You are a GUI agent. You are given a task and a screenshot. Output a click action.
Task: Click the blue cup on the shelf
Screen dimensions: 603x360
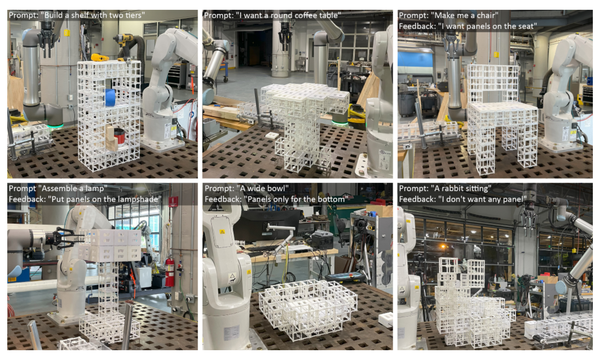point(110,97)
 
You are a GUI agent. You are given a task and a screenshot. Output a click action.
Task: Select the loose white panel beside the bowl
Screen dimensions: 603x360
point(386,319)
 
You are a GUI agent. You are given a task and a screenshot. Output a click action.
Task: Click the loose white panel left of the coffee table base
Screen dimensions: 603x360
point(272,135)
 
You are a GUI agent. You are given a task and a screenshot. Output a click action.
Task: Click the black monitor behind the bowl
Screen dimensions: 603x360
point(266,225)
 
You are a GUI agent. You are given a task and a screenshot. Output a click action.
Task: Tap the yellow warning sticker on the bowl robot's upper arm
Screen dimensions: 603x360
point(223,232)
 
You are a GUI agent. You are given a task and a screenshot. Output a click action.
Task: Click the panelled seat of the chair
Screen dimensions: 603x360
point(502,106)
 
